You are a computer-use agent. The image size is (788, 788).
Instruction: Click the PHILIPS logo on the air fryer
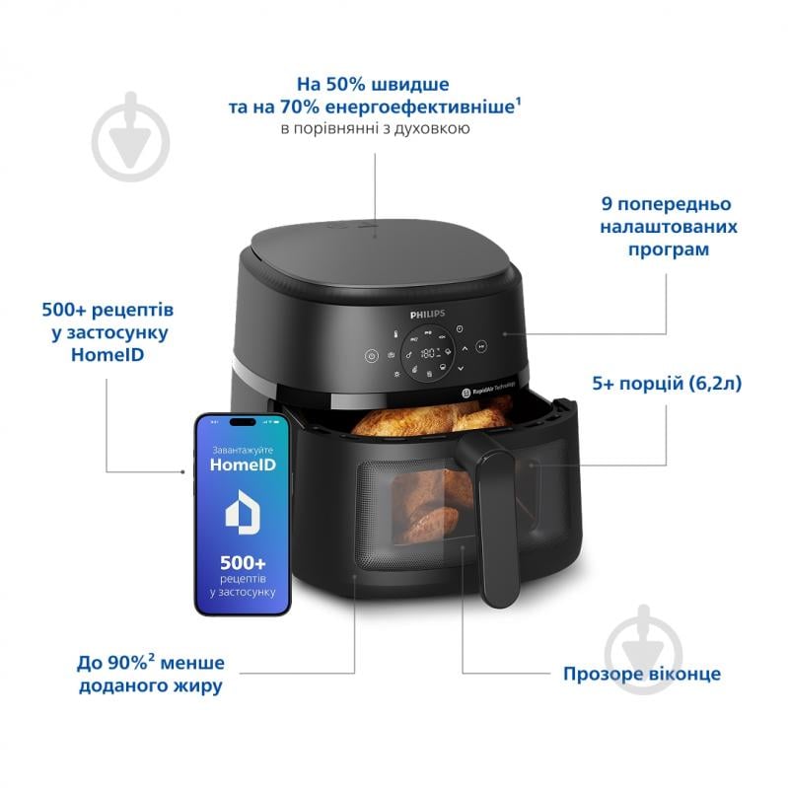(x=428, y=313)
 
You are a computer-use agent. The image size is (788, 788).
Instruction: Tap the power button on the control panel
(x=371, y=357)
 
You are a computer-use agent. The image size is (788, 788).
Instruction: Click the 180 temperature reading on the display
(x=428, y=353)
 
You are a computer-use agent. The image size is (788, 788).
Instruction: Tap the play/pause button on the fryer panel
(x=480, y=346)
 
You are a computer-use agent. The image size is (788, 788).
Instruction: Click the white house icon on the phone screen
(x=243, y=514)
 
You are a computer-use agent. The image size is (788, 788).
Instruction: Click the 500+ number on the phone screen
(x=243, y=561)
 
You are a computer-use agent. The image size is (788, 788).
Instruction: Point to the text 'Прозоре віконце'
(x=641, y=675)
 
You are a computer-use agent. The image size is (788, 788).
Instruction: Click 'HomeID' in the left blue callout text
(x=105, y=355)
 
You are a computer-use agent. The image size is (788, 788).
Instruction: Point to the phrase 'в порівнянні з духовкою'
(x=375, y=129)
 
